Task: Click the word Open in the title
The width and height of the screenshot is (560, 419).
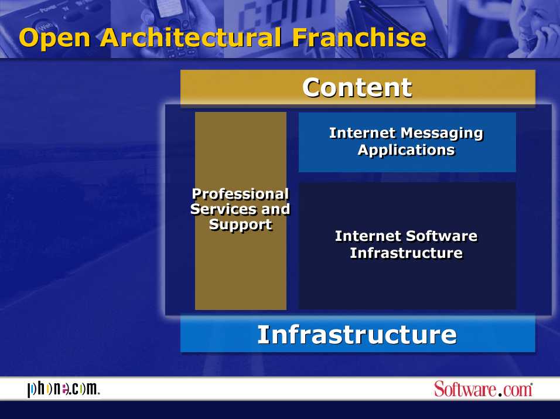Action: pos(54,39)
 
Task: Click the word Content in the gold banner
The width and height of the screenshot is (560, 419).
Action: pos(357,87)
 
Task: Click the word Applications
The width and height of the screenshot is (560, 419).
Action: pos(407,150)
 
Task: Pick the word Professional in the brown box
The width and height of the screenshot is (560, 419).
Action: pos(240,194)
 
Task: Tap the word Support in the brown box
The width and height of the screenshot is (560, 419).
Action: pos(241,225)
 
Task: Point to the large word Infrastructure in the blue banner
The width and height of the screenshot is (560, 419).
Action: pos(357,335)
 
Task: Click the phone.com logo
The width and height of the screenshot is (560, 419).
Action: pos(64,389)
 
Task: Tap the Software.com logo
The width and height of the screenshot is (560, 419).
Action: pos(483,389)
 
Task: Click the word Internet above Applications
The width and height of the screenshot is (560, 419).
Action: pos(363,133)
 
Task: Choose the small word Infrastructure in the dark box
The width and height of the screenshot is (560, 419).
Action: pos(407,253)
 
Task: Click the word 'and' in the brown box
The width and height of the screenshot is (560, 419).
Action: pos(275,209)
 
